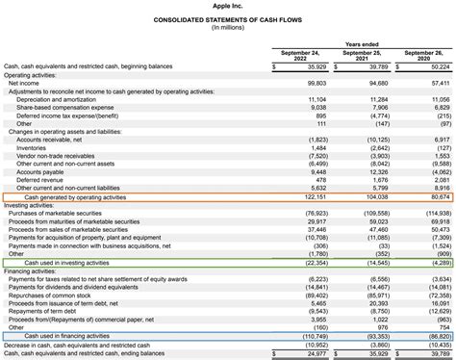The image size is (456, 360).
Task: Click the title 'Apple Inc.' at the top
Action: tap(228, 7)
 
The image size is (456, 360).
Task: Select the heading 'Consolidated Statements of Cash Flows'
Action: tap(228, 20)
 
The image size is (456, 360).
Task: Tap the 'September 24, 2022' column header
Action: tap(302, 55)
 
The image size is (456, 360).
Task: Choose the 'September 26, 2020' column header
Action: tap(424, 55)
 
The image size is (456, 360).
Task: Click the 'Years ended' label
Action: tap(363, 44)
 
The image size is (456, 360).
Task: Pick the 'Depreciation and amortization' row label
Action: tap(59, 99)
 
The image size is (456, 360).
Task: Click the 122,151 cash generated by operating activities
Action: tap(314, 196)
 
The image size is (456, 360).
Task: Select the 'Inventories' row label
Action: tap(36, 147)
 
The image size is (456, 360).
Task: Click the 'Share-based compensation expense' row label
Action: tap(63, 107)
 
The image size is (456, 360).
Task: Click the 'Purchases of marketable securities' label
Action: tap(62, 213)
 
